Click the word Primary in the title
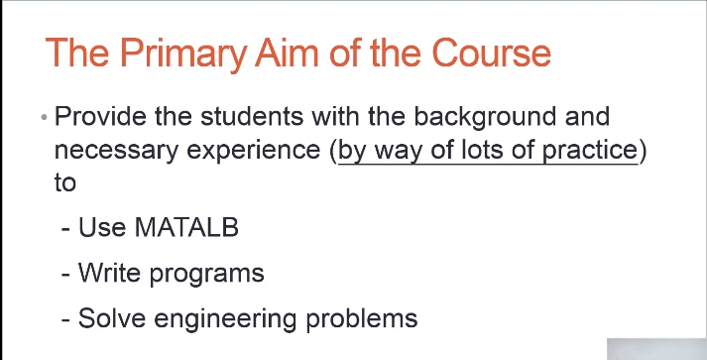(x=182, y=54)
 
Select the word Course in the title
(x=492, y=53)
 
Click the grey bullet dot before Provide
(x=44, y=118)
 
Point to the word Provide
(x=100, y=116)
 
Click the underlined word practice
(x=590, y=150)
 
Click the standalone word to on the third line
(x=64, y=182)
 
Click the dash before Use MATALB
(x=65, y=230)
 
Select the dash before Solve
(x=65, y=320)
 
